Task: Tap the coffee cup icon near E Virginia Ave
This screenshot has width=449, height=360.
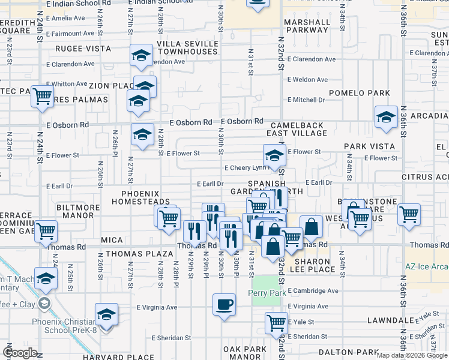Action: click(224, 304)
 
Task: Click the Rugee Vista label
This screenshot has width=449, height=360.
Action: click(80, 48)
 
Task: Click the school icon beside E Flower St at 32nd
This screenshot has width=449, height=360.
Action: click(274, 155)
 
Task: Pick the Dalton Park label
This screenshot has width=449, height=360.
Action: click(348, 352)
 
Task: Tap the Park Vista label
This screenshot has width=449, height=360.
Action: click(369, 146)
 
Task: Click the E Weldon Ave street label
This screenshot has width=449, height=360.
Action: click(307, 79)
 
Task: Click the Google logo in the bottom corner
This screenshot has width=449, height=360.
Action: click(20, 353)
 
